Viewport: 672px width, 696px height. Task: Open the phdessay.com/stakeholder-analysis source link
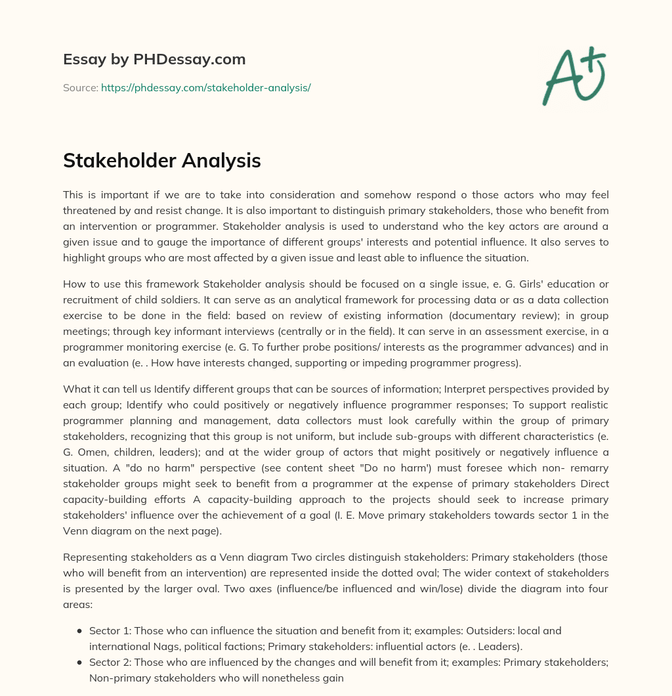pyautogui.click(x=205, y=87)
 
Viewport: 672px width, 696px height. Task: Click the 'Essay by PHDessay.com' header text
pyautogui.click(x=154, y=59)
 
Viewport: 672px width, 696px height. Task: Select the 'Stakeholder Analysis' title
pyautogui.click(x=162, y=160)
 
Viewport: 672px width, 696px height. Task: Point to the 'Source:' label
pyautogui.click(x=81, y=87)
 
